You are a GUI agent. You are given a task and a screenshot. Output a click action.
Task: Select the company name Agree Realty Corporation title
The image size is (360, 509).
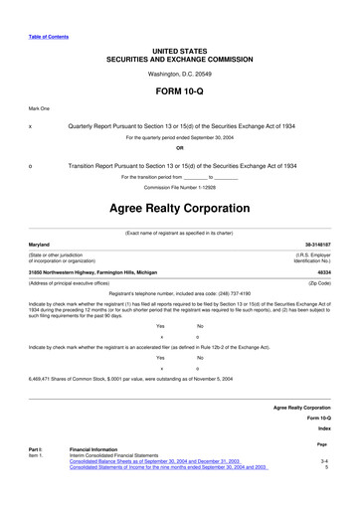click(179, 211)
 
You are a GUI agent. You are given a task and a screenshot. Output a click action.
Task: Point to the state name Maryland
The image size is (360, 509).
click(39, 243)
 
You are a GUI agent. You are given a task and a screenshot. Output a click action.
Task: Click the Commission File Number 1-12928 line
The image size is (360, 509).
click(179, 187)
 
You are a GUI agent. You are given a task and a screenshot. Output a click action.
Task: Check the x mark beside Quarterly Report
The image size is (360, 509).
click(31, 128)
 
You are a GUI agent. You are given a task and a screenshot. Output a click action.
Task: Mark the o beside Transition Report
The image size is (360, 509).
click(31, 165)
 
